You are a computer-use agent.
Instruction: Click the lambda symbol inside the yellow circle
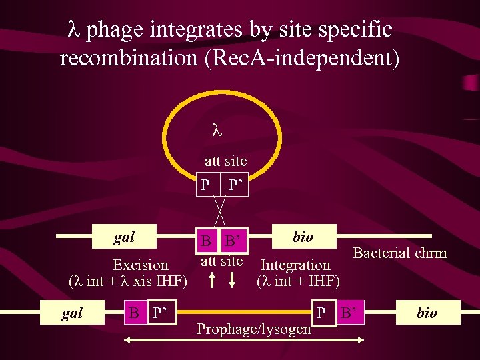215,131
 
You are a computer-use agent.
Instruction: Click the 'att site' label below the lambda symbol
225,161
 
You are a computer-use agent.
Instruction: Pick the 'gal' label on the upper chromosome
124,237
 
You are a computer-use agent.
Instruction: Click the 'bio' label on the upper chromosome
303,237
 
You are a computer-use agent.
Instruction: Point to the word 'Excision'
141,265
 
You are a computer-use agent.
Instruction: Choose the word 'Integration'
295,265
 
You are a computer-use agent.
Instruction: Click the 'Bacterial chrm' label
399,253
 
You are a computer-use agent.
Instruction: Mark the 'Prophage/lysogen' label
254,329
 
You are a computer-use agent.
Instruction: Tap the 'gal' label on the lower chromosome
71,313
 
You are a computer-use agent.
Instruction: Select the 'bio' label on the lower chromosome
427,313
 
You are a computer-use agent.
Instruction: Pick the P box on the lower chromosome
321,313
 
